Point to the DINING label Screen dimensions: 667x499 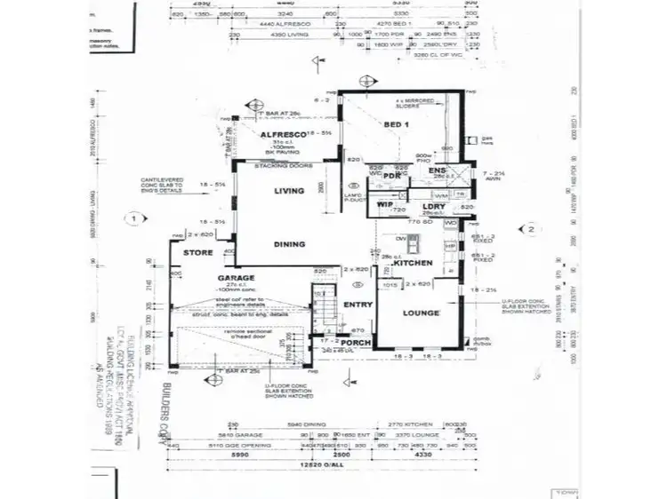click(290, 243)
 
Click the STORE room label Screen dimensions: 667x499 click(198, 253)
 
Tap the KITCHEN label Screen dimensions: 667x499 click(413, 264)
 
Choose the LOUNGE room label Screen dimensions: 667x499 click(422, 313)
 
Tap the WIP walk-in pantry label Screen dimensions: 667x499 click(384, 204)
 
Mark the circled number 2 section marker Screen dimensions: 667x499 click(530, 229)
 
